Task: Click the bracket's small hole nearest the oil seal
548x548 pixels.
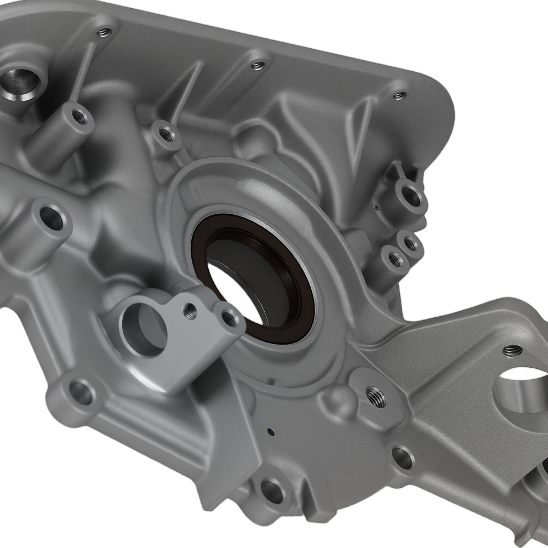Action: point(231,318)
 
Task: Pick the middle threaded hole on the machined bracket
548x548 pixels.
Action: point(190,311)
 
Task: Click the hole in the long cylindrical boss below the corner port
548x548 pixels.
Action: point(80,116)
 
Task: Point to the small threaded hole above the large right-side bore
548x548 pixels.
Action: point(512,350)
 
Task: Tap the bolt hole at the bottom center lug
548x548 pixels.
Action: point(272,491)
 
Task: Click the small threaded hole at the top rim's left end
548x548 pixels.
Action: point(104,33)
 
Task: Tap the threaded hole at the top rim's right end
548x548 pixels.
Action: point(399,96)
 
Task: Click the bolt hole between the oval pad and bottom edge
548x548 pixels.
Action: point(403,458)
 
